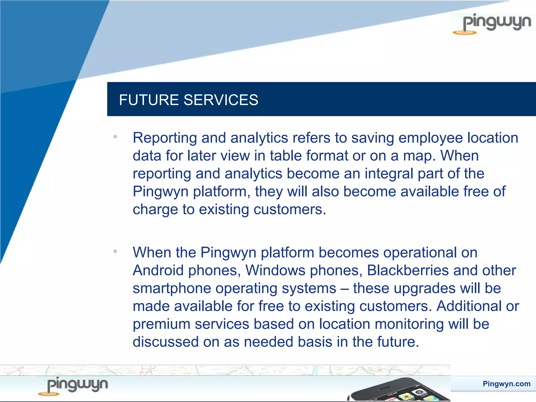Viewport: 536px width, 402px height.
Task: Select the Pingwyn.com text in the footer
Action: click(506, 384)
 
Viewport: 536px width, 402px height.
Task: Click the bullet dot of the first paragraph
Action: click(115, 137)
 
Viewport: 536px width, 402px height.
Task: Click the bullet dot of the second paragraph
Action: click(115, 252)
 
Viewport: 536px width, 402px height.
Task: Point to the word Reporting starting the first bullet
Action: click(165, 138)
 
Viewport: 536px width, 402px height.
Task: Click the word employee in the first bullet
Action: click(431, 138)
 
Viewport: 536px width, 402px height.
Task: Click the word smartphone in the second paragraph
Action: click(172, 289)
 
